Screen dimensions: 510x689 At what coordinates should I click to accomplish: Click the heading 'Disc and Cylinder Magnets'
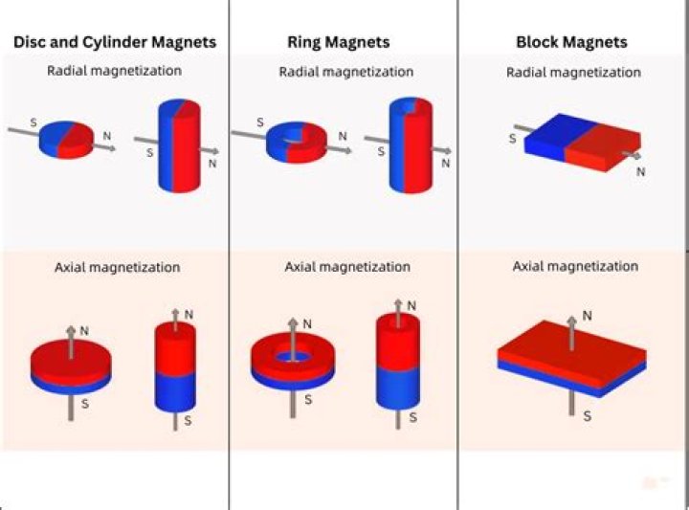[x=114, y=42]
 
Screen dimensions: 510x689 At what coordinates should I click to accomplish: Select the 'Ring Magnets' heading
[x=338, y=42]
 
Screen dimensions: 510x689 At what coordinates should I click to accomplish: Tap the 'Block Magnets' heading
[x=571, y=42]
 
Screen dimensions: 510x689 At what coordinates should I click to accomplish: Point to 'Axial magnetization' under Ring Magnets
[x=347, y=267]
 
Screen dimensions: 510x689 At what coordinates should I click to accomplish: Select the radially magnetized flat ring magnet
[x=295, y=142]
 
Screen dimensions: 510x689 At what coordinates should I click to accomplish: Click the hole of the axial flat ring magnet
[x=292, y=355]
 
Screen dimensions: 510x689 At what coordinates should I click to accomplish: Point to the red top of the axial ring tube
[x=398, y=340]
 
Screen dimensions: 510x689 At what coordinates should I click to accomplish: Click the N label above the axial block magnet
[x=587, y=315]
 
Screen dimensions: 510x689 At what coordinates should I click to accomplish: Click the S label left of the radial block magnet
[x=512, y=139]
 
